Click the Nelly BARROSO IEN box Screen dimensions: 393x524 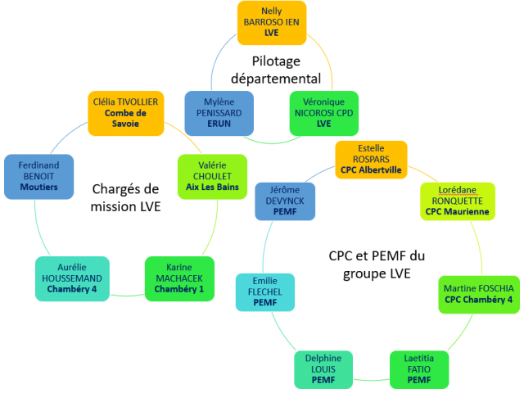pos(271,22)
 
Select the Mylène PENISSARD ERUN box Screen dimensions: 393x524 pos(219,112)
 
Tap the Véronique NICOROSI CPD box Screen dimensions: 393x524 pos(323,112)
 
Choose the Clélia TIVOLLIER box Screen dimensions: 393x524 pos(126,113)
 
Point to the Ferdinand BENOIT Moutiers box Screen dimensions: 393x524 pos(38,176)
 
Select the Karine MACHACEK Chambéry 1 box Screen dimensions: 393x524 pos(179,278)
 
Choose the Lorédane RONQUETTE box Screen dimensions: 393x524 pos(457,201)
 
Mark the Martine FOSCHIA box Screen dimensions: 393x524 pos(479,294)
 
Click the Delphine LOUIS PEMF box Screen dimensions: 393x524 pos(323,369)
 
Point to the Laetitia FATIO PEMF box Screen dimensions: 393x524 pos(418,369)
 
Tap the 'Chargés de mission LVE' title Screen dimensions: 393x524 pos(126,199)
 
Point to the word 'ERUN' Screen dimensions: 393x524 pos(219,124)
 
